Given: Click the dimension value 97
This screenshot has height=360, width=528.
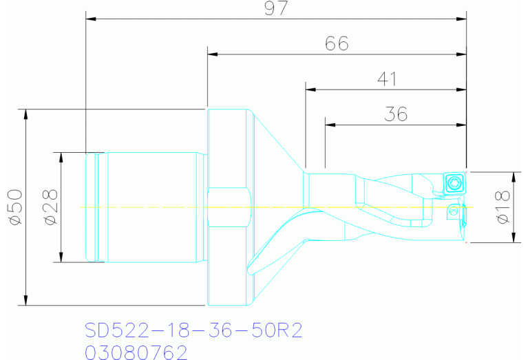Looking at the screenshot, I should pos(275,8).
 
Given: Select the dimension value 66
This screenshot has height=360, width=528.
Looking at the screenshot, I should pos(337,43).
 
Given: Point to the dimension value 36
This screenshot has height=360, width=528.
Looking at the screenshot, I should pos(396,114).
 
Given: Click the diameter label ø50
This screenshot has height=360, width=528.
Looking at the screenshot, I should pos(14,207).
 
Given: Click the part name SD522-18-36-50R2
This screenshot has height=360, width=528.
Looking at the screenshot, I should pos(193,330).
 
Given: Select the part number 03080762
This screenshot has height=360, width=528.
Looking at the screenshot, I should pos(136,352).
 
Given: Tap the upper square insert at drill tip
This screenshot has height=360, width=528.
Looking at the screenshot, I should pos(454,183).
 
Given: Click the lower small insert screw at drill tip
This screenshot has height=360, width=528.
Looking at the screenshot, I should pos(452,213).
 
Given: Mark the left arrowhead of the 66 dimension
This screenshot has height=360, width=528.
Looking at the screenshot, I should pos(212,54).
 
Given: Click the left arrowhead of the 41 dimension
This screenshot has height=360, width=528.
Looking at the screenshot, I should pos(310,89).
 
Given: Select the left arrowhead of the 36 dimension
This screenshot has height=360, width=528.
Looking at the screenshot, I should pos(330,125).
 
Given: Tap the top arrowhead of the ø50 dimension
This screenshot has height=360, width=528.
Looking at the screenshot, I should pos(25,114).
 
